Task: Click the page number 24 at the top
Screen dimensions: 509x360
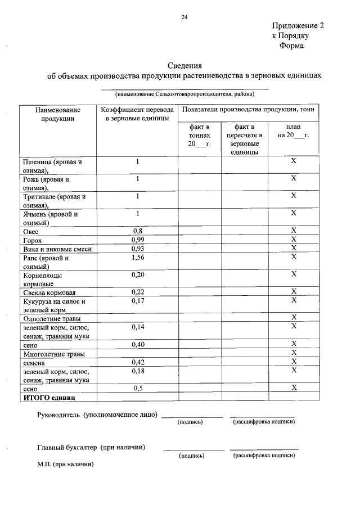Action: (184, 17)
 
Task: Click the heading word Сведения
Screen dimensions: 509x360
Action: (185, 65)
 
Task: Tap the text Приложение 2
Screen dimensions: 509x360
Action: (298, 26)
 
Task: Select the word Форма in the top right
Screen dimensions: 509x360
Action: (291, 46)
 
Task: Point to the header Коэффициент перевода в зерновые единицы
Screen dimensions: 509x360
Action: (137, 114)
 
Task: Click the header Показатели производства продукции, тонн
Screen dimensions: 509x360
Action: (248, 110)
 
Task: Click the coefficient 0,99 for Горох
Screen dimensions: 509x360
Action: (137, 240)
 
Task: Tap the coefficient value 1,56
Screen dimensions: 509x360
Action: (137, 258)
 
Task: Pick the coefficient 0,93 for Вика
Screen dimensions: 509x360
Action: (137, 249)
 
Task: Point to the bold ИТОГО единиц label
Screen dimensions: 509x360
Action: (49, 397)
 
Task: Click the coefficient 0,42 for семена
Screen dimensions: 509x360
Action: (137, 362)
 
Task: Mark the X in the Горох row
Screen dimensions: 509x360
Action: (294, 240)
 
